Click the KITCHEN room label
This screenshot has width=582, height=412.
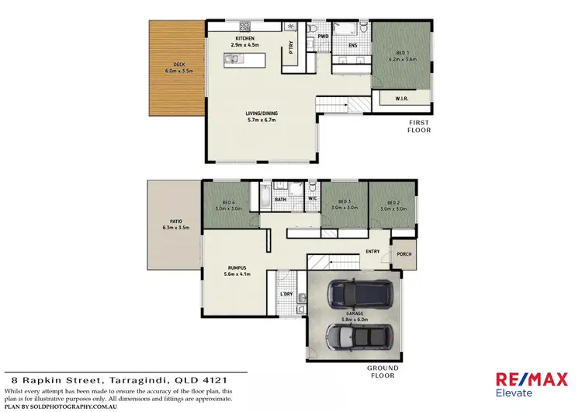coord(246,38)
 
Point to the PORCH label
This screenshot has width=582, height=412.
coord(404,254)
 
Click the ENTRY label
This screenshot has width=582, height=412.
coord(372,251)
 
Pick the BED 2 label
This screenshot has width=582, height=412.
coord(392,202)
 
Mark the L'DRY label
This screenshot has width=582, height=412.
coord(286,295)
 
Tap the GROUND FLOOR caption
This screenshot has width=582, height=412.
coord(383,372)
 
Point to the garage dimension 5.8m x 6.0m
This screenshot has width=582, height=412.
coord(354,319)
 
